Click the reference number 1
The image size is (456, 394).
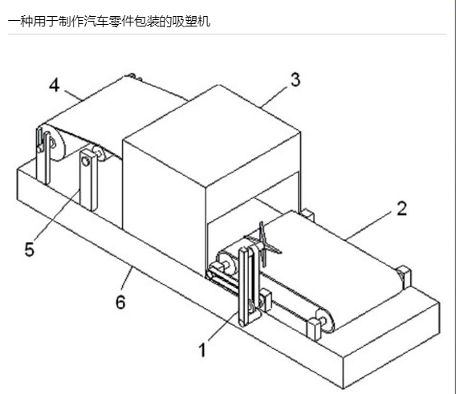tap(202, 350)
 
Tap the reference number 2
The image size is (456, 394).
tap(402, 209)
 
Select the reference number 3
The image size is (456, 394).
tap(295, 79)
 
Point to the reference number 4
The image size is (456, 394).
tap(55, 85)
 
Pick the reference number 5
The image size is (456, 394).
tap(30, 250)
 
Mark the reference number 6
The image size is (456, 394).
tap(120, 302)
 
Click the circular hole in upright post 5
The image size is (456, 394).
tap(85, 161)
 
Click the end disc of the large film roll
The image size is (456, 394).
tap(55, 143)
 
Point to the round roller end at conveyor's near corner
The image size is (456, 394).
tap(325, 320)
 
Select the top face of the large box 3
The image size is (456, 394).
tap(212, 135)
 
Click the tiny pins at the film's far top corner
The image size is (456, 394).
tap(134, 76)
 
